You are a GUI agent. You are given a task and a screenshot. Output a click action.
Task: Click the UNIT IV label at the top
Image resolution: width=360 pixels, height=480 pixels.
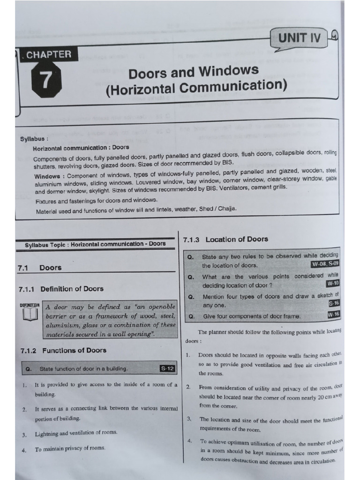(300, 38)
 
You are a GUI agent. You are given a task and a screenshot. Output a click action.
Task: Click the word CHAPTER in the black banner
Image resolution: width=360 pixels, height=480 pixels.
(49, 54)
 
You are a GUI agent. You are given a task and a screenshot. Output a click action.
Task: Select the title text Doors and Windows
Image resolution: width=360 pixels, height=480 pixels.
(193, 72)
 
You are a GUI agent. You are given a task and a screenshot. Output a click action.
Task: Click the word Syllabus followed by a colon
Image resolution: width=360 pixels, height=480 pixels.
(34, 139)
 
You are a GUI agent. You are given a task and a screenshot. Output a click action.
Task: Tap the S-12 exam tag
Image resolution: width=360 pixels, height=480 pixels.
(167, 369)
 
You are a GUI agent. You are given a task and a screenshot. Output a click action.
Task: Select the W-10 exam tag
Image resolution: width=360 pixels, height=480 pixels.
(332, 283)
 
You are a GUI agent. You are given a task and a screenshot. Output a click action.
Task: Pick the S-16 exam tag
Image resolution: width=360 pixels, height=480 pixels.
(334, 303)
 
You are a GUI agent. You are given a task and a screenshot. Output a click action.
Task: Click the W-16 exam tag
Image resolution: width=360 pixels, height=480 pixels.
(334, 315)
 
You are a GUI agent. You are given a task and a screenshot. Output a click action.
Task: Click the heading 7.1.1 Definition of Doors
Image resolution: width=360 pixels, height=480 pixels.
(61, 289)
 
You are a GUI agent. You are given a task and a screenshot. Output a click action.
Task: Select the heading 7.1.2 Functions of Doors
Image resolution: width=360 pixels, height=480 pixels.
(63, 350)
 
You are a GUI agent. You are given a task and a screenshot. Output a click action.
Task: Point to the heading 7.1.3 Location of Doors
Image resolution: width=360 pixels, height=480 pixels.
(225, 239)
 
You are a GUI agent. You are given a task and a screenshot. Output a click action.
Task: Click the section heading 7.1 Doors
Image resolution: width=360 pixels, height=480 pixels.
(39, 268)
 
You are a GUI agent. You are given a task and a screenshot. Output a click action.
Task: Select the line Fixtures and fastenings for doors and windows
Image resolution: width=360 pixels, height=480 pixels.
(97, 201)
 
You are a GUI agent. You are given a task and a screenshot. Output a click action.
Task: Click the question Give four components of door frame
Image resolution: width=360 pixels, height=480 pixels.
(251, 316)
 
